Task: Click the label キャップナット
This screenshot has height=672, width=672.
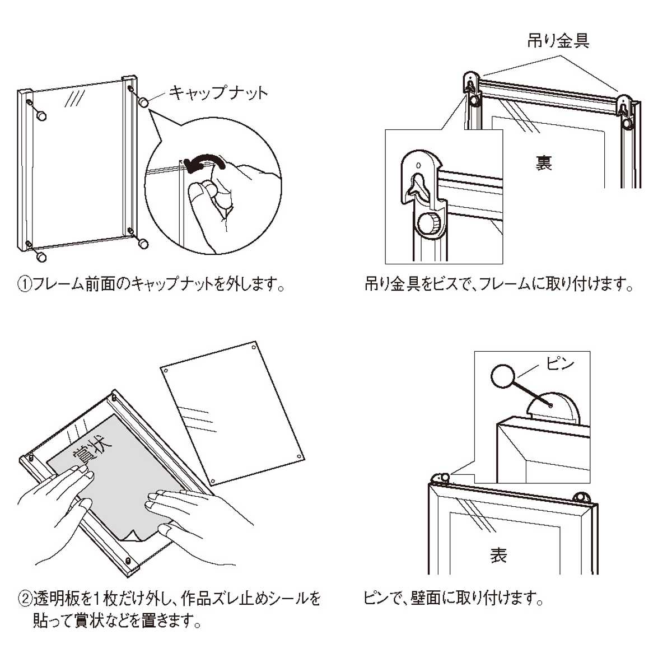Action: [218, 92]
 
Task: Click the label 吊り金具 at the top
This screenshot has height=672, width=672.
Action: [558, 40]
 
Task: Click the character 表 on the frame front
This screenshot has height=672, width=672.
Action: [498, 555]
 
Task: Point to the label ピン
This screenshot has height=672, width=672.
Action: [560, 364]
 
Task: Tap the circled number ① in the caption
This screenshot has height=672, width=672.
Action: [25, 284]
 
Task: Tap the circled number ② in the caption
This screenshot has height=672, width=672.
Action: [25, 599]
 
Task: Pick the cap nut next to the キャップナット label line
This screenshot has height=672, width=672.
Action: [144, 103]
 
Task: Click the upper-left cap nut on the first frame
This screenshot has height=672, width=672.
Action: [41, 116]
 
